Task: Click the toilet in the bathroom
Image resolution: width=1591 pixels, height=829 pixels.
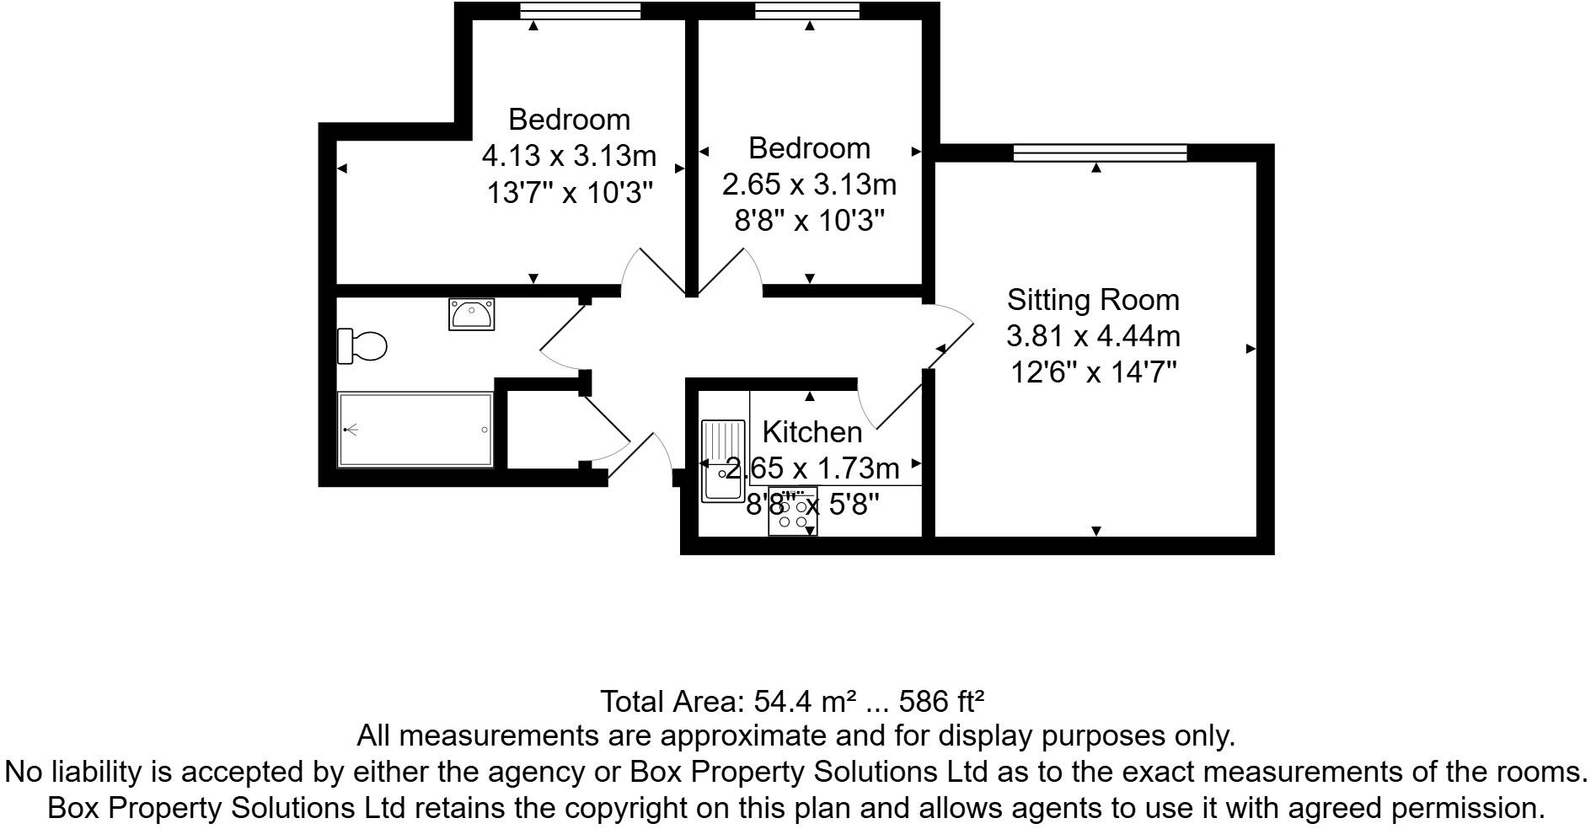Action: click(362, 346)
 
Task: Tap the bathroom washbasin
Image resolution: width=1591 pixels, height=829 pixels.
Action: click(471, 314)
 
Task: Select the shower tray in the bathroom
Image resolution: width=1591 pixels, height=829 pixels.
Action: click(415, 429)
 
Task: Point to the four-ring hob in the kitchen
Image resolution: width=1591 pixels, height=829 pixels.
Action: click(792, 513)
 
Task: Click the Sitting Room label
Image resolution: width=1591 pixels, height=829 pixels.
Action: click(1093, 300)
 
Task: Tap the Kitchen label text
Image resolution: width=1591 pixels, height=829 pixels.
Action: click(812, 432)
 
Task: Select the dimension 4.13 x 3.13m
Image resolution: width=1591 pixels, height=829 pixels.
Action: click(569, 156)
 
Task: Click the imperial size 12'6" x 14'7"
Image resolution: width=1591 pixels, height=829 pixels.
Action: click(1093, 371)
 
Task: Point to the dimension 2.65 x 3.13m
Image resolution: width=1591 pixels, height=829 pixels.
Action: click(809, 184)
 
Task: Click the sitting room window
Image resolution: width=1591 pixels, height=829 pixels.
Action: click(1099, 152)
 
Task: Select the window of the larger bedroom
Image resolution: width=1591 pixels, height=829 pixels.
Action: click(580, 10)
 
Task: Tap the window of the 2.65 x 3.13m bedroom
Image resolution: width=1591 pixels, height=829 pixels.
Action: click(807, 10)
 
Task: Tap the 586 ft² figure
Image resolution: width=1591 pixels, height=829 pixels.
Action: click(942, 701)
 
